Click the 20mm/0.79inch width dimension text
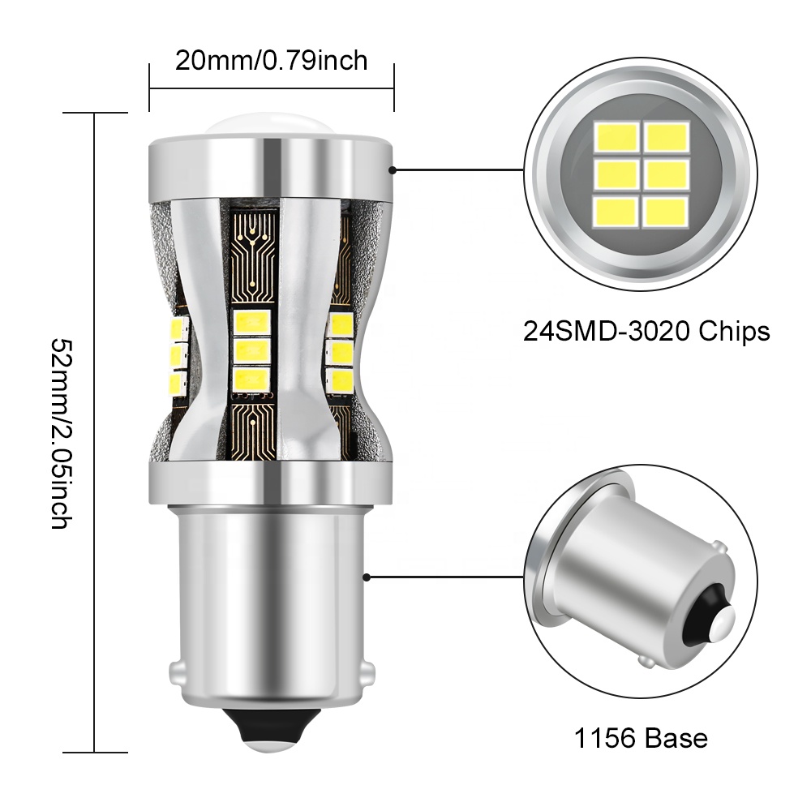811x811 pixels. pos(272,60)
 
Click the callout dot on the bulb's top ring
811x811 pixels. pos(392,170)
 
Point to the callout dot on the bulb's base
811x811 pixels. pos(367,577)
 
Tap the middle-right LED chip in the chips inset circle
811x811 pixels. pos(666,174)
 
